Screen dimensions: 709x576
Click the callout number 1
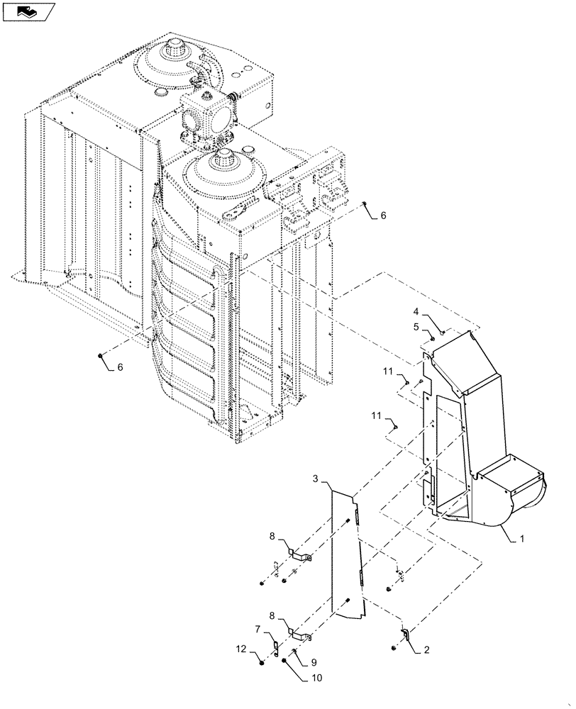[522, 539]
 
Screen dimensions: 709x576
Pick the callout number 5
[418, 326]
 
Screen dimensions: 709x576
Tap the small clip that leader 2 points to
[405, 633]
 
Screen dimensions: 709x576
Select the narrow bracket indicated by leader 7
[275, 647]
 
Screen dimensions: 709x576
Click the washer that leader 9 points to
[294, 650]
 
